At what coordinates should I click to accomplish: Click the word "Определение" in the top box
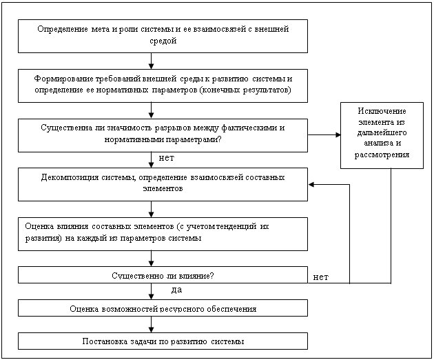pyautogui.click(x=63, y=29)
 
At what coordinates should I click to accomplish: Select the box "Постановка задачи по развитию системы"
pyautogui.click(x=163, y=341)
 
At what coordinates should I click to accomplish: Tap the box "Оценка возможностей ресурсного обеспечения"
pyautogui.click(x=163, y=308)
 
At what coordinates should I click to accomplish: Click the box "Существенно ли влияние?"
pyautogui.click(x=163, y=275)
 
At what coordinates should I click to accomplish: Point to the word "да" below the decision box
pyautogui.click(x=176, y=290)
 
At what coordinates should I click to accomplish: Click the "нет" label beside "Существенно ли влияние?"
pyautogui.click(x=321, y=277)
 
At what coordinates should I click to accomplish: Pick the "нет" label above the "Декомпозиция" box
pyautogui.click(x=166, y=158)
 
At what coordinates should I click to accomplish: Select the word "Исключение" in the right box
pyautogui.click(x=382, y=111)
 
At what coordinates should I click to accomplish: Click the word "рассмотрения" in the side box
pyautogui.click(x=382, y=154)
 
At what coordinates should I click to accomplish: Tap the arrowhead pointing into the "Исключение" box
pyautogui.click(x=338, y=134)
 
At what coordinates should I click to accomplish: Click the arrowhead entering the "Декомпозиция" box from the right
pyautogui.click(x=311, y=185)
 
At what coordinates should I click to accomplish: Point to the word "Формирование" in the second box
pyautogui.click(x=63, y=79)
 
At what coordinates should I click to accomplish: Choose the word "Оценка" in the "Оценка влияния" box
pyautogui.click(x=39, y=226)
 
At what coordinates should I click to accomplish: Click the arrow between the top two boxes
pyautogui.click(x=151, y=61)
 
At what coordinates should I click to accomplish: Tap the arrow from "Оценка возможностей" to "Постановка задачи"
pyautogui.click(x=151, y=325)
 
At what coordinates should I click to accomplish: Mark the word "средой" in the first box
pyautogui.click(x=163, y=41)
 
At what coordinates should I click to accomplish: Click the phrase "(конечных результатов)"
pyautogui.click(x=245, y=90)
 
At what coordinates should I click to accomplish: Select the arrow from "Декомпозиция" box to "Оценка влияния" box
pyautogui.click(x=151, y=209)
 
